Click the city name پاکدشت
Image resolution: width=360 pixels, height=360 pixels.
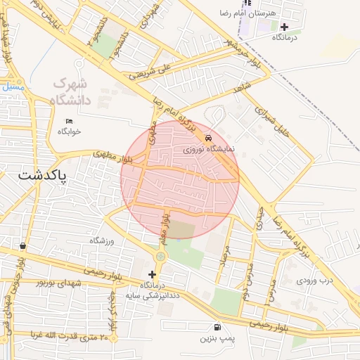[43, 176]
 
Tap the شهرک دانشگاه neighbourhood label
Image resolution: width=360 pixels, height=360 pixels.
[71, 91]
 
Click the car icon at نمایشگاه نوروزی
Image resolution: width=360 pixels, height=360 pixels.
[209, 139]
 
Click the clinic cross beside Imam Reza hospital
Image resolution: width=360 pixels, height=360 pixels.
[284, 26]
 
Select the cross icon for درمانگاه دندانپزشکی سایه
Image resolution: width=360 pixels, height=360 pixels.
[152, 274]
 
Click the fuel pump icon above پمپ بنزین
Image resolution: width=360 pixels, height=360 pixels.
[217, 327]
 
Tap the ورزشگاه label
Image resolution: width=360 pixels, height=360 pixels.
[102, 240]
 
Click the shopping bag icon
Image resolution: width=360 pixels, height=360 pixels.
[24, 246]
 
